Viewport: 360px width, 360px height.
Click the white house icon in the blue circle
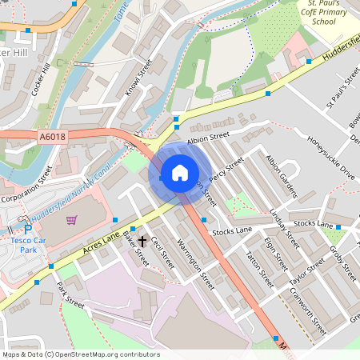coord(180,173)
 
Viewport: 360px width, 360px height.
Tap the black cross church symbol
coord(142,239)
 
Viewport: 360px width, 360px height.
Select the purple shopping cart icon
coord(71,220)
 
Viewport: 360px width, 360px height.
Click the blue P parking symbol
coord(26,219)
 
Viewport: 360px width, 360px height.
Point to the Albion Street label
coord(208,137)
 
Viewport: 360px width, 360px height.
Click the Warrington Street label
coord(196,265)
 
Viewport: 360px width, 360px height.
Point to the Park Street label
coord(70,294)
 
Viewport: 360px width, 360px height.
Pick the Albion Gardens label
coord(281,176)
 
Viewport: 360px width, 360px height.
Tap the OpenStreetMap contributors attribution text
coord(80,354)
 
